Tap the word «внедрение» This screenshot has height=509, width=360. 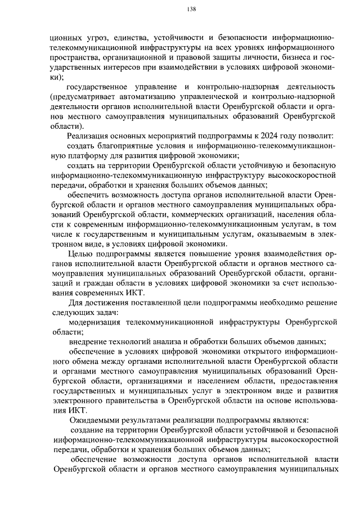88,342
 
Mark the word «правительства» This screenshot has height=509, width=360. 125,401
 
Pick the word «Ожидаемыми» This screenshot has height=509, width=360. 94,420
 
